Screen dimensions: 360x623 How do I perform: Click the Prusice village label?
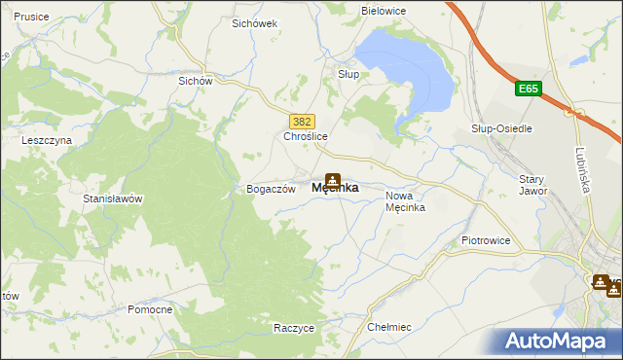click(32, 17)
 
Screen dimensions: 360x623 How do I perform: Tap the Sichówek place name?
click(255, 22)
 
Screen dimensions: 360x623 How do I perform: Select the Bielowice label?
click(383, 10)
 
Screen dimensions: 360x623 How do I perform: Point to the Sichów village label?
click(195, 82)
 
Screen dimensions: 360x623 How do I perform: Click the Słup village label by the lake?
click(348, 73)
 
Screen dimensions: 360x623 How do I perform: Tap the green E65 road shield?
click(528, 90)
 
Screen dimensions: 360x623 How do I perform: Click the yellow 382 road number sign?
click(302, 121)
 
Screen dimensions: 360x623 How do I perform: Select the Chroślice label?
click(304, 137)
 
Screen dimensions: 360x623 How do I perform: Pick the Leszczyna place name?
click(48, 140)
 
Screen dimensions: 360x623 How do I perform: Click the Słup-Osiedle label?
click(501, 129)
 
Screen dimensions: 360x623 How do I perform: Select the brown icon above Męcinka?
click(333, 180)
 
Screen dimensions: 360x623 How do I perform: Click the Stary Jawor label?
click(532, 185)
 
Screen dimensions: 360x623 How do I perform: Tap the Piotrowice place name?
click(487, 239)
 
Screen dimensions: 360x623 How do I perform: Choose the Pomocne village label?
click(150, 309)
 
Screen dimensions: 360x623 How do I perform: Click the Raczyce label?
click(294, 328)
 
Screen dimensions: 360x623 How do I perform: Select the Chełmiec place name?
click(392, 328)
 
